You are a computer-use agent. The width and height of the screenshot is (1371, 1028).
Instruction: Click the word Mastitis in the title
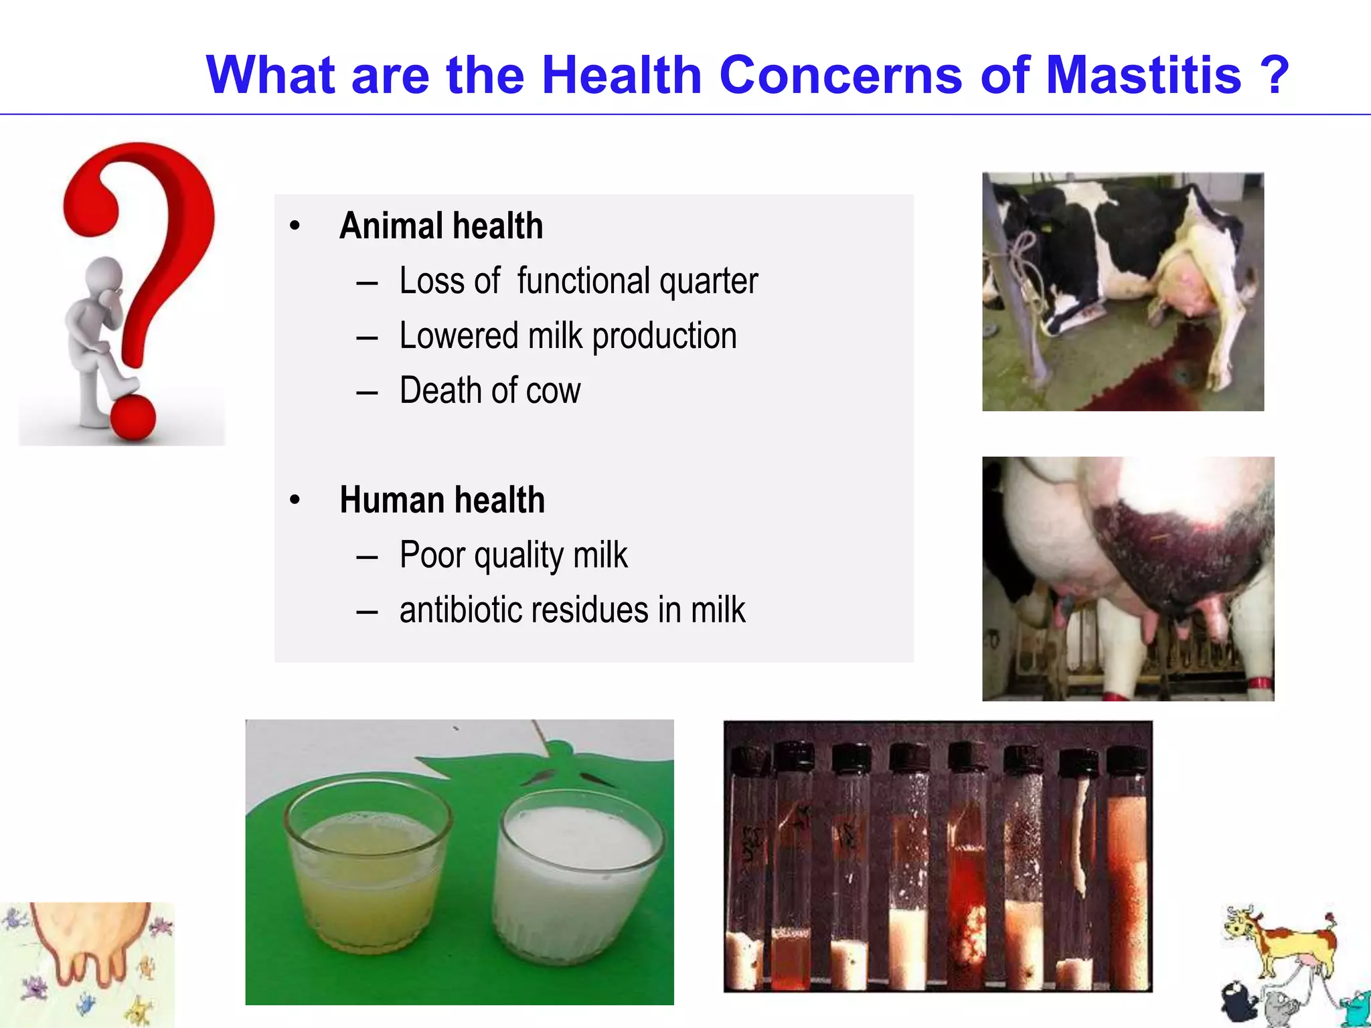(1143, 75)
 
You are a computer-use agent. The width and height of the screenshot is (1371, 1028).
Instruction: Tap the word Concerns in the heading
(840, 75)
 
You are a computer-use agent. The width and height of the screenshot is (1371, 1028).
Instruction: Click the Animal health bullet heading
(440, 226)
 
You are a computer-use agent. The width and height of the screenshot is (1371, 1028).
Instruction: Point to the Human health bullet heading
(442, 500)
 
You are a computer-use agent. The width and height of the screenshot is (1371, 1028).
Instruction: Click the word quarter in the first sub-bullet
(708, 281)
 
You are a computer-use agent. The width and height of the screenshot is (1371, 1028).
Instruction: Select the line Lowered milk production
(568, 336)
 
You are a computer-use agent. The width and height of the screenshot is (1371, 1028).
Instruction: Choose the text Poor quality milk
(513, 555)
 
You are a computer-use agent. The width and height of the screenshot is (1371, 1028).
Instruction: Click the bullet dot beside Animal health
(295, 226)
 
